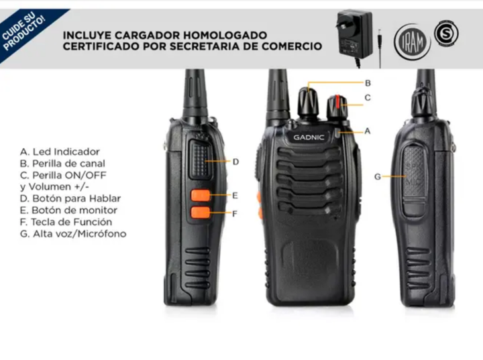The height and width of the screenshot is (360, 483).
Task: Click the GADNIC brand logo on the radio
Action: [309, 137]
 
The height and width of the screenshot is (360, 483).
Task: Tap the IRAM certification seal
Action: [412, 42]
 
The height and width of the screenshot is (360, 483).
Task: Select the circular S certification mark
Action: [446, 34]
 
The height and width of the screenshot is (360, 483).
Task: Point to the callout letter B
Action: [368, 83]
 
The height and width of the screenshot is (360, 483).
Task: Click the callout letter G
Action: [377, 177]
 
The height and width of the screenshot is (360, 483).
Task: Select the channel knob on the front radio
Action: [308, 102]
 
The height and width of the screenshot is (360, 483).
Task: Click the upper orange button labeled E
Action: [201, 195]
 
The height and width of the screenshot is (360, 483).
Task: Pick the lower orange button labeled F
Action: [201, 213]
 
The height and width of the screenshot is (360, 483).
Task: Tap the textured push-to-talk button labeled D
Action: [201, 160]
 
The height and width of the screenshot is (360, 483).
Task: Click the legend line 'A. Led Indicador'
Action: [60, 152]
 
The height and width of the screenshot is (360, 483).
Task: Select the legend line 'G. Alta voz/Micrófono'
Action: [73, 234]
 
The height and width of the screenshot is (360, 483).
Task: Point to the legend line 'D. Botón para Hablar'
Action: [70, 198]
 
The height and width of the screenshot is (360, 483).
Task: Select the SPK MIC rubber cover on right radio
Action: [415, 180]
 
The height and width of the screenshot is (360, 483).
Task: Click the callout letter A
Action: [367, 131]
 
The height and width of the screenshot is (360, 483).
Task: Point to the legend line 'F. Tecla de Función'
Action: [66, 222]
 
